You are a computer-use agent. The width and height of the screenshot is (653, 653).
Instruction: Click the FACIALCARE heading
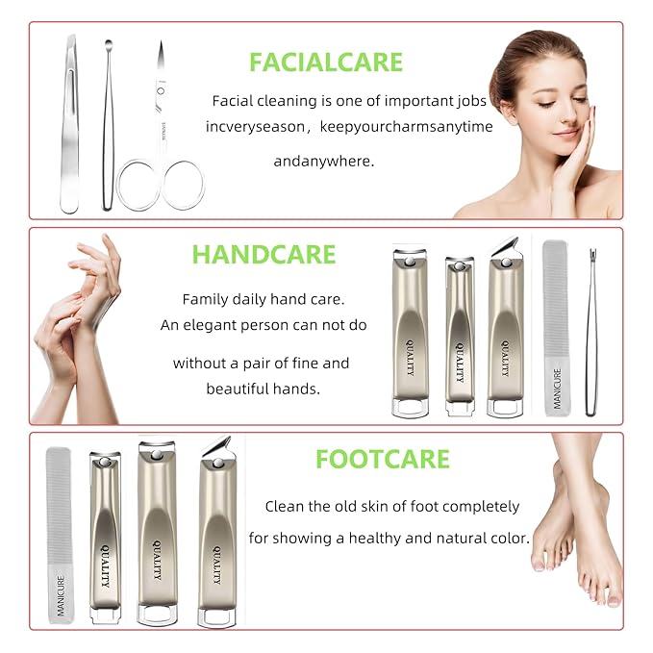click(326, 63)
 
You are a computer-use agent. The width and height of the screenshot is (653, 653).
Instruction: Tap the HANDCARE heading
click(264, 255)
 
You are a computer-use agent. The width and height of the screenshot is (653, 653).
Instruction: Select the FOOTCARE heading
click(383, 460)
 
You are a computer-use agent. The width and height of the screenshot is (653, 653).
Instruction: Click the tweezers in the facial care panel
click(69, 125)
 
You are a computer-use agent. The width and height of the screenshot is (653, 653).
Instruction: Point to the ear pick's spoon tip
click(109, 43)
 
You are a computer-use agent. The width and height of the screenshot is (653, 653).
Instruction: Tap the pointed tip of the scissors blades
click(161, 41)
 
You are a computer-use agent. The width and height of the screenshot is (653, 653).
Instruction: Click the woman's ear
click(507, 112)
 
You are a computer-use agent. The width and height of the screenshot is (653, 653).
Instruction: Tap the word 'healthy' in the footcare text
click(375, 538)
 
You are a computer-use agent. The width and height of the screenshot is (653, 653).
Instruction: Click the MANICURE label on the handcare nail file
click(558, 389)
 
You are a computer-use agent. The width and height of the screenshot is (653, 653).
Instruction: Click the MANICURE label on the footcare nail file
click(61, 595)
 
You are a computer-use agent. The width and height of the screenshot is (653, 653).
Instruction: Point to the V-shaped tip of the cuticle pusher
click(592, 252)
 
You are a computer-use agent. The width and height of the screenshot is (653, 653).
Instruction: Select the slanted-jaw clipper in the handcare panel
click(505, 328)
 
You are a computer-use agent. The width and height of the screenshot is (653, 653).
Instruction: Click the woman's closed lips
click(565, 134)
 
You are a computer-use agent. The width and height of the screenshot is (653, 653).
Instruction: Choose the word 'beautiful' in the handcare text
click(237, 389)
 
